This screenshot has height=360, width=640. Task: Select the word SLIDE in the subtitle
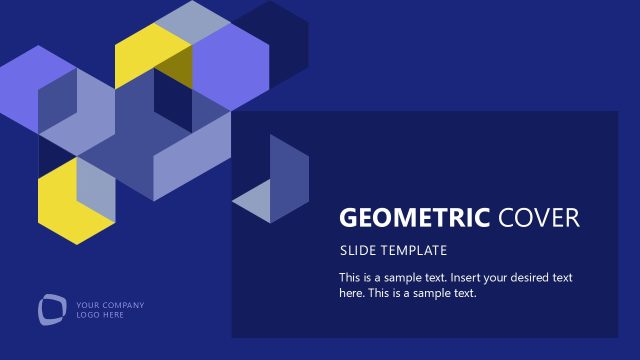tap(356, 250)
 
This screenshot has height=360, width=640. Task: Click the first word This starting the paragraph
tap(351, 277)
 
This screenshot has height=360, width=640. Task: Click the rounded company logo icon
tap(51, 309)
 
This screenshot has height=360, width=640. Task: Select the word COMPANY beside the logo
tap(123, 305)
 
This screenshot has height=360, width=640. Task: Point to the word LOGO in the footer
tap(87, 315)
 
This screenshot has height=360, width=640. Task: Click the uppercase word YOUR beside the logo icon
tap(88, 305)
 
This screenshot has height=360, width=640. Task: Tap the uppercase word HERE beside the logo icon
tap(113, 315)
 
